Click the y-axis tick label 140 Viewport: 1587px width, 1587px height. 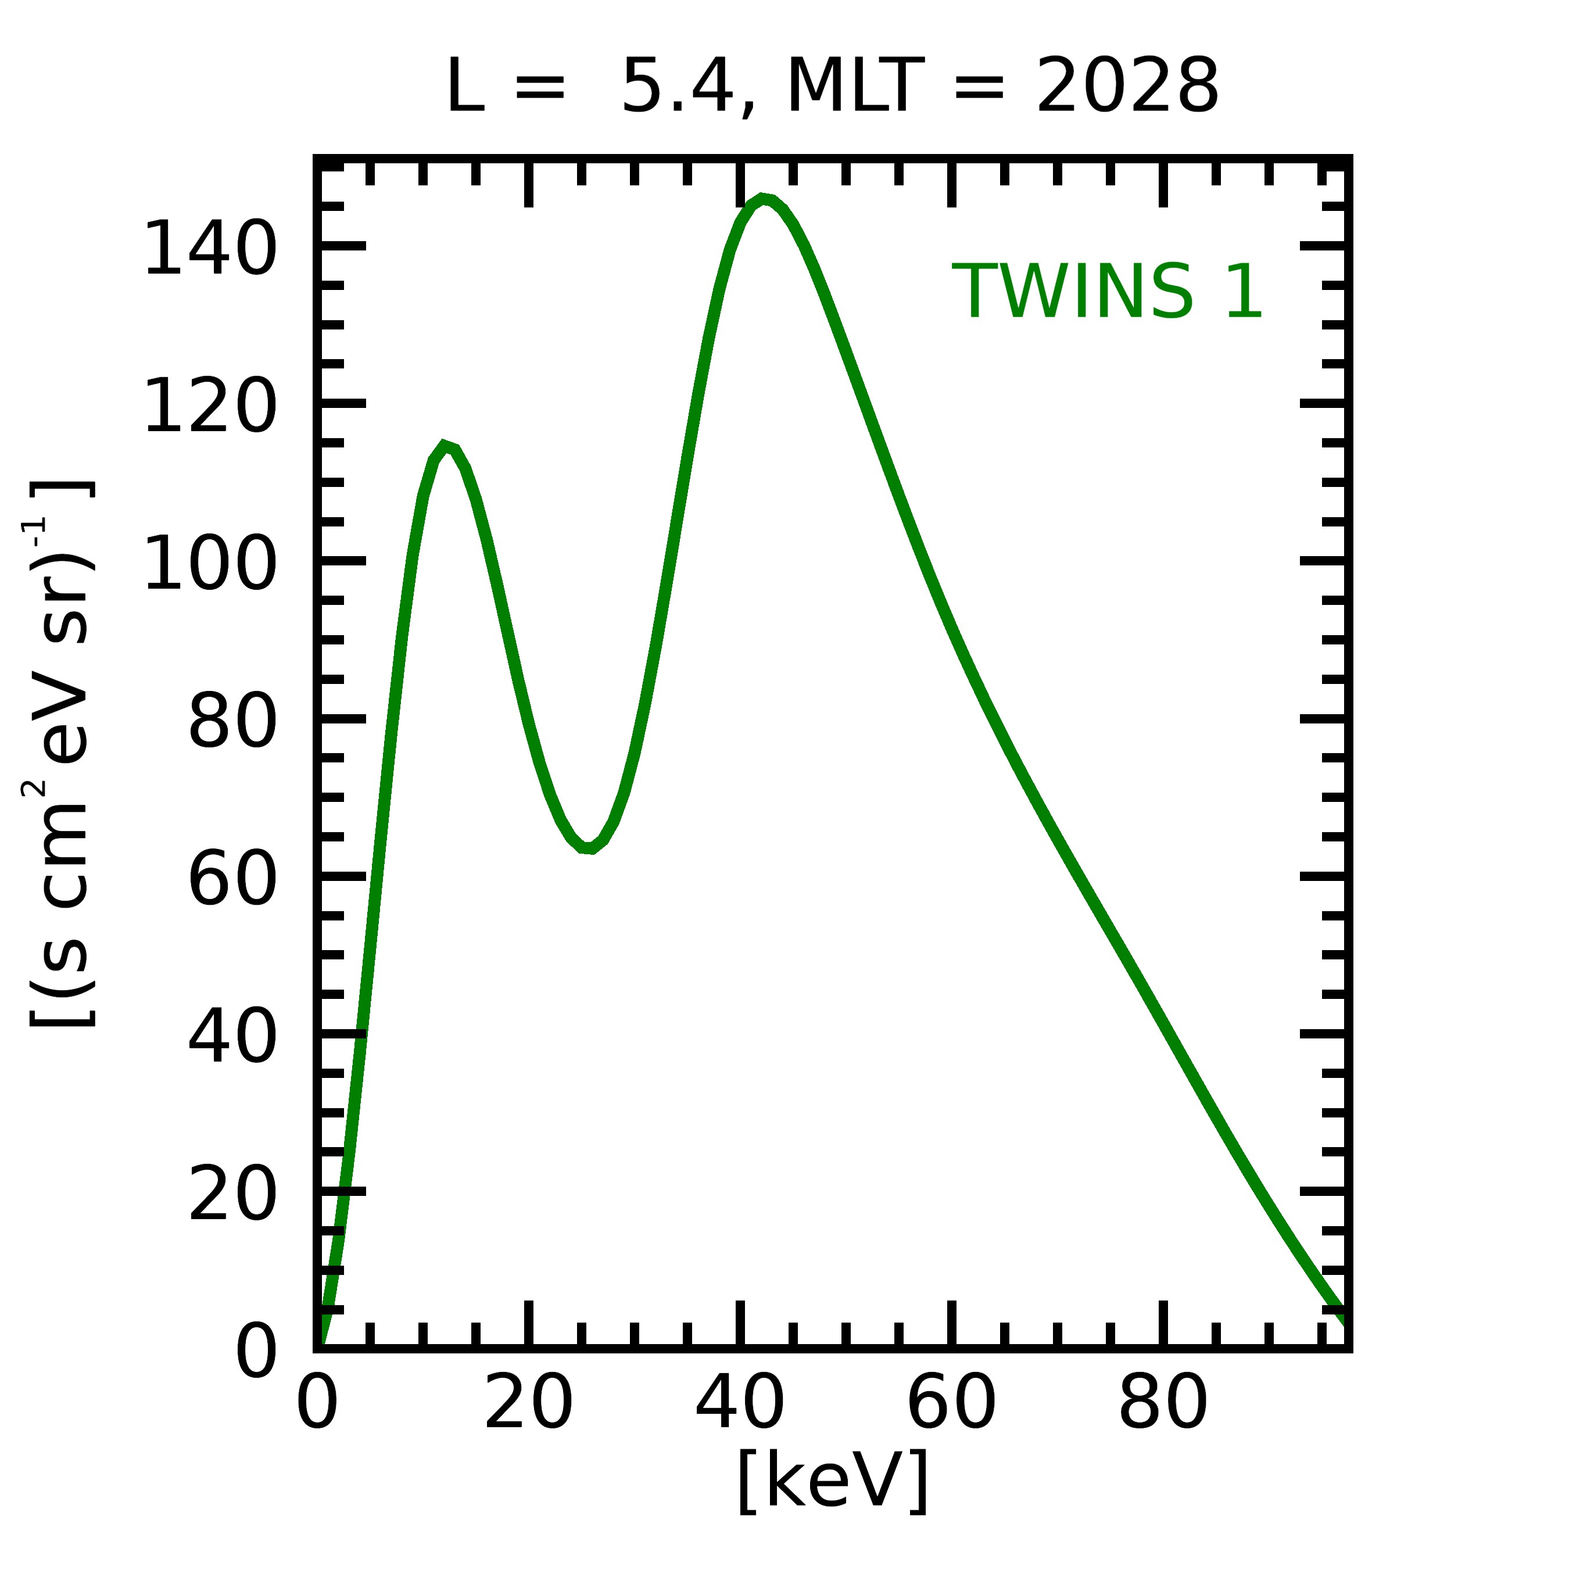click(209, 249)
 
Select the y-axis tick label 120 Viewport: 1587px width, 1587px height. click(209, 407)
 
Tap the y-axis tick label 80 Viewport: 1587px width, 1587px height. click(232, 722)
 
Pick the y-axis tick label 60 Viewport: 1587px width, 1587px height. click(232, 880)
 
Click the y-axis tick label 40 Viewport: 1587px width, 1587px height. click(232, 1037)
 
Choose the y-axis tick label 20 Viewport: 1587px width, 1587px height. click(232, 1195)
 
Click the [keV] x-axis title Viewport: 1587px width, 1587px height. click(833, 1480)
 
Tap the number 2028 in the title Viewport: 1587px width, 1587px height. click(1127, 86)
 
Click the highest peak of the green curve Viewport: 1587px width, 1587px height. click(764, 199)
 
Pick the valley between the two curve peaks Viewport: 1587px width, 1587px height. click(588, 847)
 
